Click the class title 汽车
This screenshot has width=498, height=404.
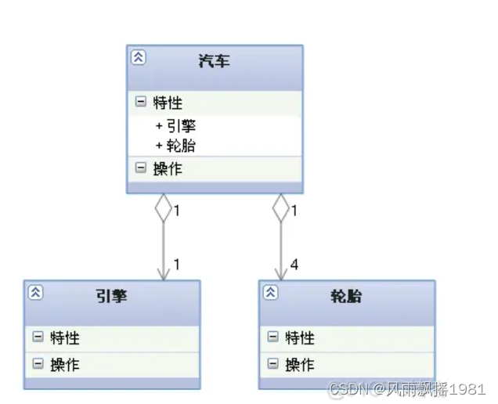point(214,60)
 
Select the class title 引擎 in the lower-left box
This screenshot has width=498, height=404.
point(111,296)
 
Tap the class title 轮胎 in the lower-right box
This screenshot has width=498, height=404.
point(346,296)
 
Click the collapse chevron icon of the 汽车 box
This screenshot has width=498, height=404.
point(138,57)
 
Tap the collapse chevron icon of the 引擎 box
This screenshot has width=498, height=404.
point(35,293)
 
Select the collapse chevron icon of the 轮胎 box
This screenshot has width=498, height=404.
point(270,293)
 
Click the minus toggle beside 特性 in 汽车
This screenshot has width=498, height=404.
point(141,103)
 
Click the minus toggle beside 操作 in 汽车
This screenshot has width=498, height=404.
point(141,168)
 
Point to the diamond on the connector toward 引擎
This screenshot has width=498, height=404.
point(163,207)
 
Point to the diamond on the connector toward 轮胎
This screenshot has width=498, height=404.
point(280,207)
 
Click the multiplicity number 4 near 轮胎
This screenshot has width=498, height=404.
point(294,265)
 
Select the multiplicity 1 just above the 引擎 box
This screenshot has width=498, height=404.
point(177,265)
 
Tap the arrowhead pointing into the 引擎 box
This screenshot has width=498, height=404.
point(163,273)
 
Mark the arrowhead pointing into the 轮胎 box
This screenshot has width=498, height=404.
point(280,273)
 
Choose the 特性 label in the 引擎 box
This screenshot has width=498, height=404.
point(65,338)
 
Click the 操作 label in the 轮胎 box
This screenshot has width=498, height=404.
point(300,364)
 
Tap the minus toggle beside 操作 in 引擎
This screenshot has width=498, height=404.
point(38,364)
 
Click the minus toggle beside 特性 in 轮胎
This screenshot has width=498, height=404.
point(272,338)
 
